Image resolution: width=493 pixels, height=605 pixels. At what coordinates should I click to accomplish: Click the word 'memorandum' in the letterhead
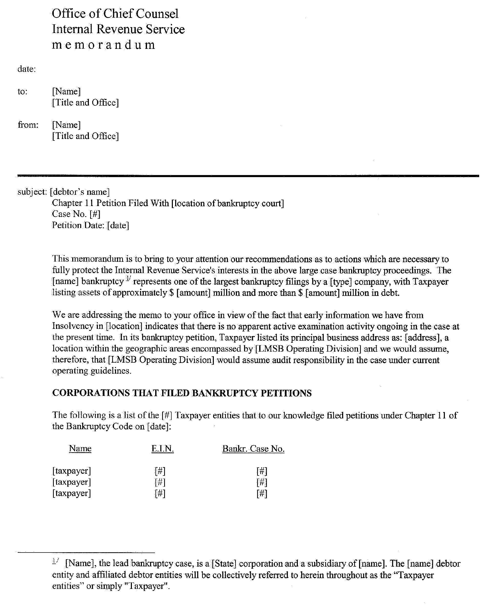tap(103, 45)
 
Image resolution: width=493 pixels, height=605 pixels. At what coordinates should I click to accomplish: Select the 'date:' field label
tap(27, 69)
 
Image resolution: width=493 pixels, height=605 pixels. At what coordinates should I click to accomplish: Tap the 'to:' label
tap(23, 91)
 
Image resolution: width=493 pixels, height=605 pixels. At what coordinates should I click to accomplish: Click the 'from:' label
tap(28, 125)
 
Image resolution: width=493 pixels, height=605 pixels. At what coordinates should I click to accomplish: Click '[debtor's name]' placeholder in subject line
tap(80, 192)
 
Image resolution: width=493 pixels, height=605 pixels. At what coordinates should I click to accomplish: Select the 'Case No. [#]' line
tap(76, 214)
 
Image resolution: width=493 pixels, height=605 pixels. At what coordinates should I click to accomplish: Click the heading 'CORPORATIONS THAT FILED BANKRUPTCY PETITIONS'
tap(182, 393)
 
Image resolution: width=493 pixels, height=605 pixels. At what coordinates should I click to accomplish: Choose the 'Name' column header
tap(80, 449)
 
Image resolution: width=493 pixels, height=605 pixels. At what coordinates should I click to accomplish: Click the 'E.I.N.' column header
tap(162, 449)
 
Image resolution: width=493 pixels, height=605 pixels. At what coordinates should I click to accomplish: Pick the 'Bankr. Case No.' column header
tap(253, 449)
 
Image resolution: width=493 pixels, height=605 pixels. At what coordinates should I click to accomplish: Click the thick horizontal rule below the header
tap(248, 176)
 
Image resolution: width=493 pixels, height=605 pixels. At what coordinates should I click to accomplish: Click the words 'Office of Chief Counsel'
tap(115, 14)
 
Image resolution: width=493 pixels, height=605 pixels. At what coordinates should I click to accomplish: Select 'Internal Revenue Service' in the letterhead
tap(118, 29)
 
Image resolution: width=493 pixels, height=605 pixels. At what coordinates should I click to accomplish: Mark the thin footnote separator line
tap(86, 553)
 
